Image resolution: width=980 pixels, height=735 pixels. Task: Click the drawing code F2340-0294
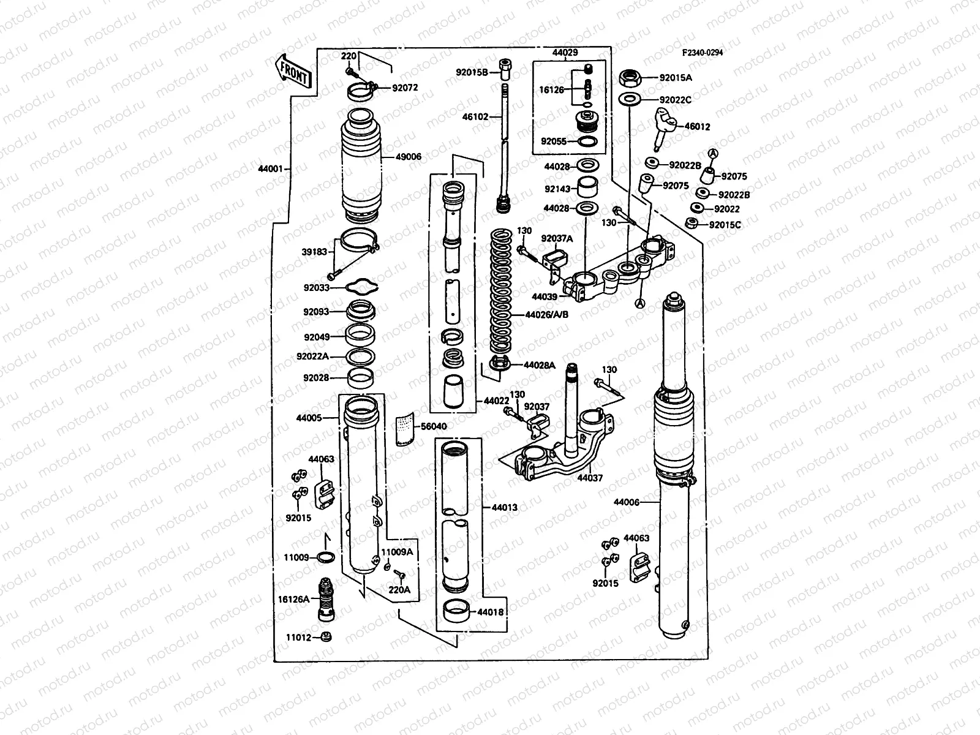click(703, 53)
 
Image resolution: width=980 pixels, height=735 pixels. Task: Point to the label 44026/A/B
click(546, 315)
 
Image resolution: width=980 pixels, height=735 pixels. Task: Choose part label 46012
click(698, 127)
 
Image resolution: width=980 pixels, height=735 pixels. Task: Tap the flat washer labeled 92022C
click(631, 99)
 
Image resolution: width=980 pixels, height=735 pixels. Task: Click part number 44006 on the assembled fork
click(627, 502)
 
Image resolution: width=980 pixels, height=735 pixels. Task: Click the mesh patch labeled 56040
click(403, 428)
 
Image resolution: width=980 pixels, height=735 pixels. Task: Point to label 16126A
click(298, 599)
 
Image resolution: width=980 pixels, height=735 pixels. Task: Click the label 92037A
click(556, 239)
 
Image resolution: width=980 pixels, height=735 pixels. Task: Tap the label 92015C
click(725, 225)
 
